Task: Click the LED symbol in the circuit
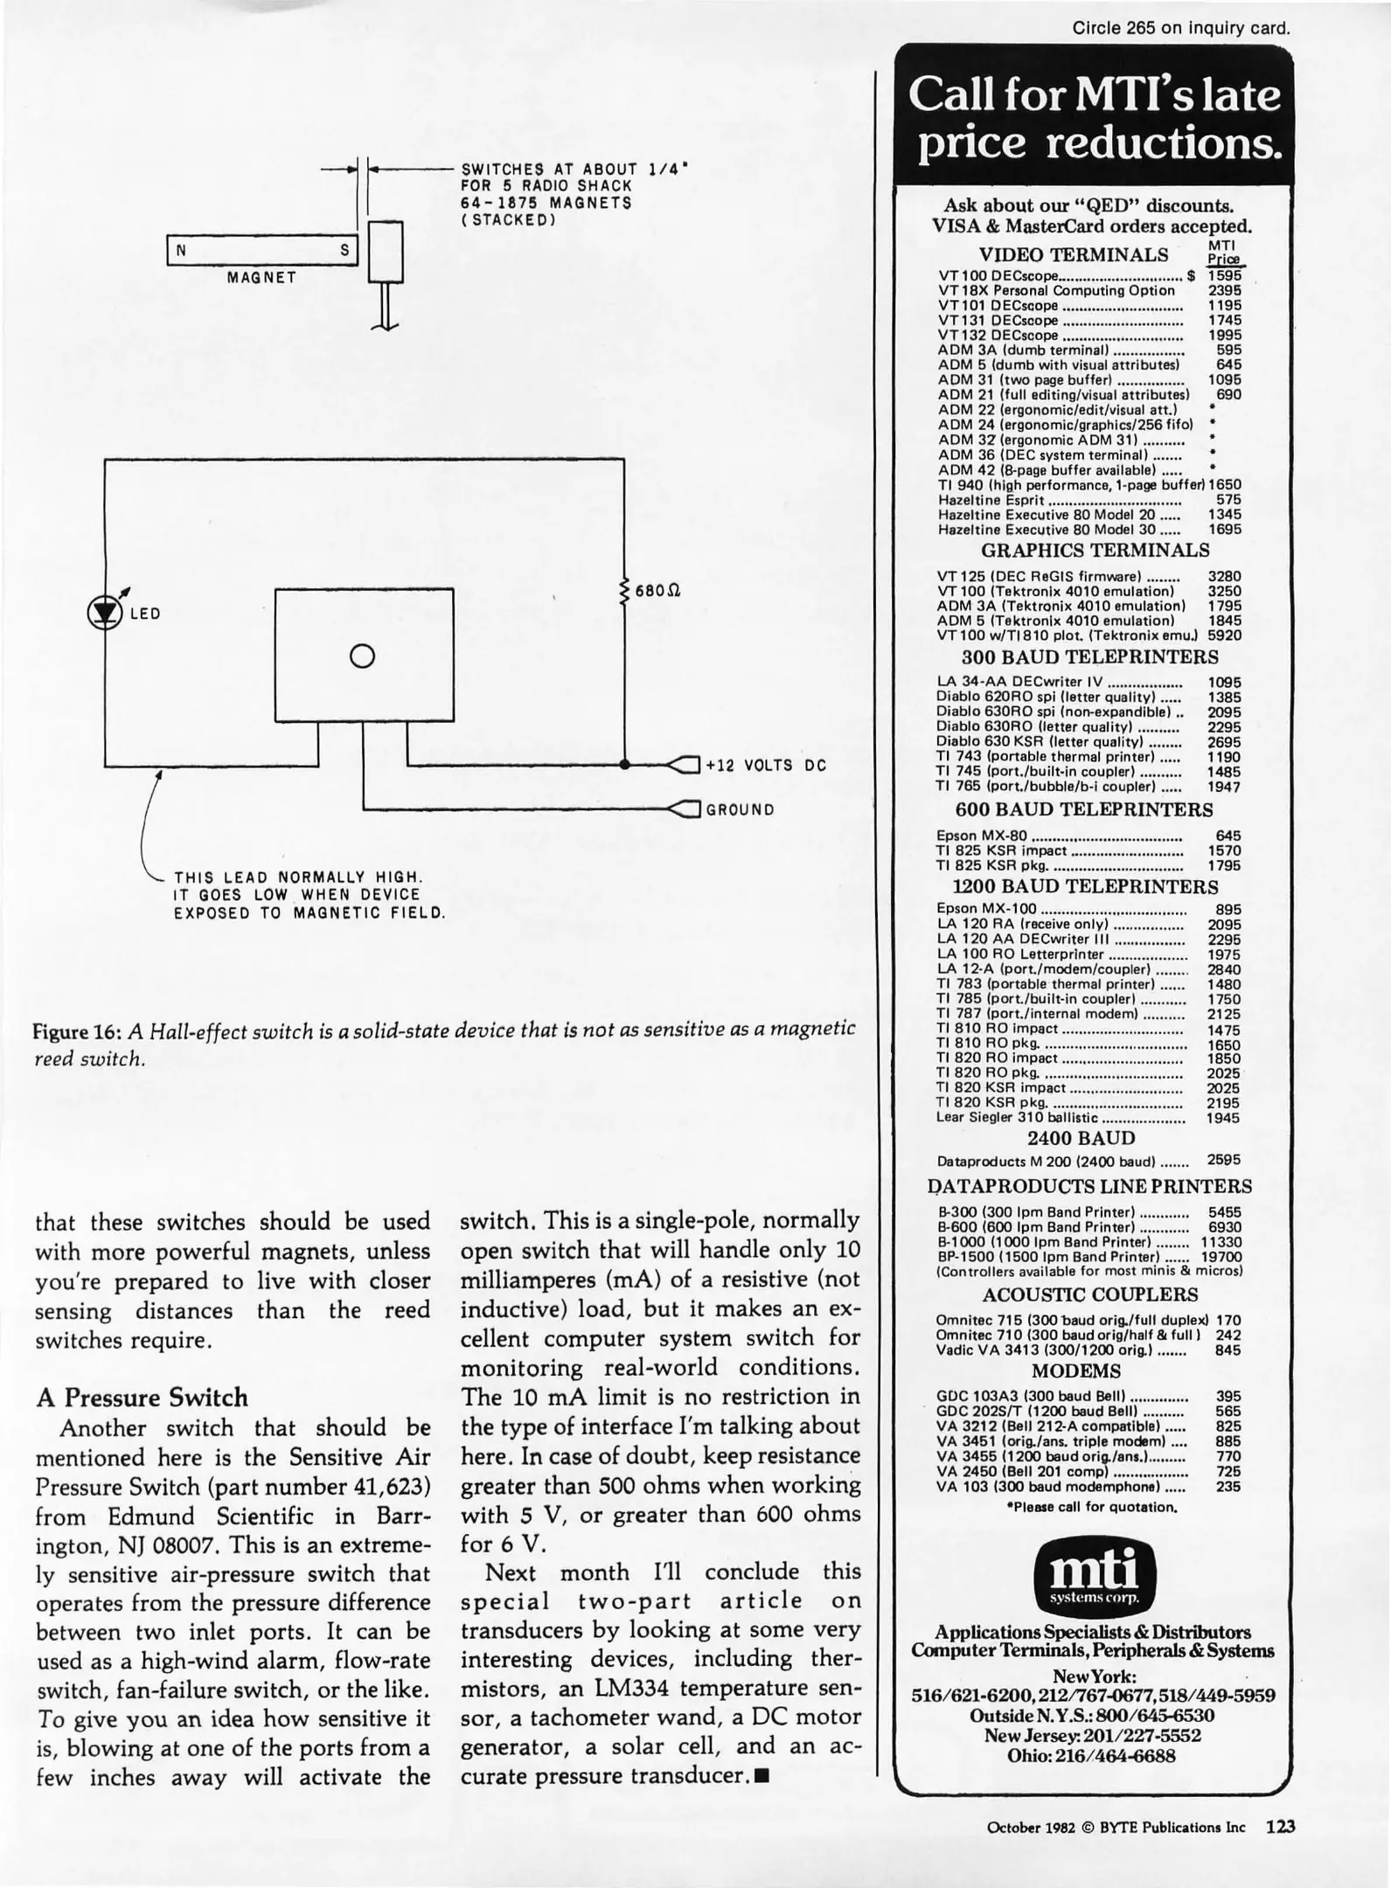tap(105, 613)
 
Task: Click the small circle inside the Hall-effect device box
tap(363, 656)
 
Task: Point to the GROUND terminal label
tap(740, 809)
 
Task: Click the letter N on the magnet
tap(181, 250)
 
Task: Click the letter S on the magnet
tap(344, 250)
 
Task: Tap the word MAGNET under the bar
tap(261, 278)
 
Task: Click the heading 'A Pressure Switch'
tap(142, 1397)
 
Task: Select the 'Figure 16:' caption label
tap(77, 1031)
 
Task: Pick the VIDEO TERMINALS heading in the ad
tap(1073, 254)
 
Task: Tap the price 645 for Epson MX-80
tap(1228, 836)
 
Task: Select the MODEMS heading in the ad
tap(1075, 1371)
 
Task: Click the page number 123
tap(1280, 1826)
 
